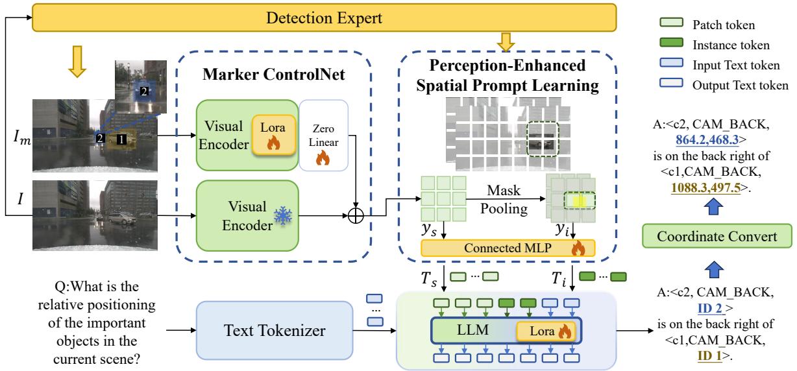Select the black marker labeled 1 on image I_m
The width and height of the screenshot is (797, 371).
pyautogui.click(x=120, y=138)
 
